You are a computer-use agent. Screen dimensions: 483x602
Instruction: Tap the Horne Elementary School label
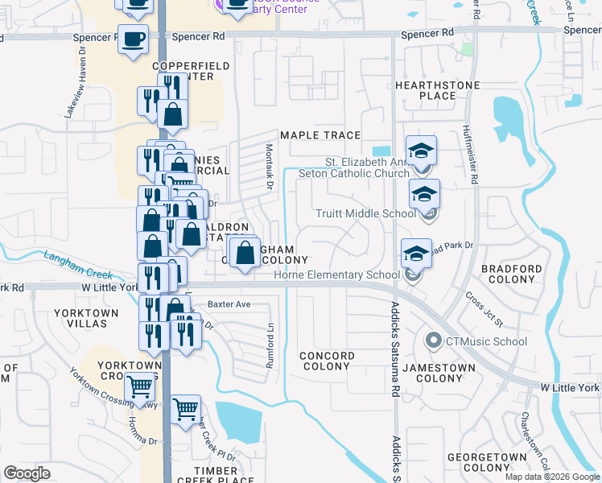(336, 275)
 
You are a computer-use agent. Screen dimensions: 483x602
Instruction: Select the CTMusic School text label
(487, 341)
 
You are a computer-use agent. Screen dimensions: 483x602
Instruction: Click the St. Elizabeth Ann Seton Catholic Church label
(354, 167)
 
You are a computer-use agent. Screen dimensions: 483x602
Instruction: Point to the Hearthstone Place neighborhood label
(438, 90)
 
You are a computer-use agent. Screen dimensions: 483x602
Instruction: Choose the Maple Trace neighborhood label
(320, 135)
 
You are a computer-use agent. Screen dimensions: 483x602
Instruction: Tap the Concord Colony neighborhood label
(327, 361)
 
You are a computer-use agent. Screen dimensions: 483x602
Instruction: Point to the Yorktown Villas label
(80, 317)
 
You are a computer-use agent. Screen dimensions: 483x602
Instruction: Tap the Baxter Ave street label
(229, 304)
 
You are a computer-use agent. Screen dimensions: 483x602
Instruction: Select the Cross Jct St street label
(484, 308)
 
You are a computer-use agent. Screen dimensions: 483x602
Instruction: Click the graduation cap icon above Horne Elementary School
(416, 253)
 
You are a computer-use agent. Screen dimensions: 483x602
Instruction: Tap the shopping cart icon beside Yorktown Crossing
(140, 388)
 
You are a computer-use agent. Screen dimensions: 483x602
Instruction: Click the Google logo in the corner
(27, 473)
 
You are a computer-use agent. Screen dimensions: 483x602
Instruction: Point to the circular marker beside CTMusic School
(435, 341)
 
